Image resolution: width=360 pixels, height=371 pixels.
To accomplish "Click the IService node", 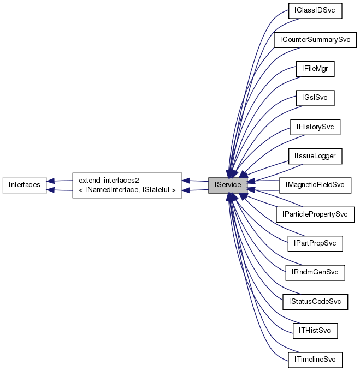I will click(228, 185).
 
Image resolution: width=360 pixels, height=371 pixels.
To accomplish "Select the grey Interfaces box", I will click(24, 185).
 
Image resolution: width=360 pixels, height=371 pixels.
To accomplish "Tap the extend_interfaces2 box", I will click(127, 185).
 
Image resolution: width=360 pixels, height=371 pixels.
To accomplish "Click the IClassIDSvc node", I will click(315, 11).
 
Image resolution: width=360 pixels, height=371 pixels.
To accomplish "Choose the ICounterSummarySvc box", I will click(315, 40).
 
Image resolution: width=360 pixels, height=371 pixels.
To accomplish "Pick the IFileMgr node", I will click(315, 69).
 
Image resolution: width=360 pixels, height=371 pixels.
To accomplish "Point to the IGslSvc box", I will click(315, 98).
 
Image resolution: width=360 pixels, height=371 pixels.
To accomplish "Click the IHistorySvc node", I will click(315, 127).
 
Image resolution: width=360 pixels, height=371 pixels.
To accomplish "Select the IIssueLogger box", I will click(315, 156).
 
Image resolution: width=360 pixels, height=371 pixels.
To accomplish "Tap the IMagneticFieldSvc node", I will click(315, 185).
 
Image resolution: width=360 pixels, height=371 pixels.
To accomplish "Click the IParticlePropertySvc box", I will click(315, 214).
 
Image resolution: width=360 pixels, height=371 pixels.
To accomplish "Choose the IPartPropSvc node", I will click(315, 243).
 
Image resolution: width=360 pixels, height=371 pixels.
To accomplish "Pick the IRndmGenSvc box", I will click(315, 272).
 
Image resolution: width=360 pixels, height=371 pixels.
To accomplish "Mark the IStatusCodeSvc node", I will click(315, 301).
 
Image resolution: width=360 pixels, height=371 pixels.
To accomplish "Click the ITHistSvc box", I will click(315, 330).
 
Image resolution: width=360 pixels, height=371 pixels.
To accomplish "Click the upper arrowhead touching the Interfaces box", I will click(50, 180).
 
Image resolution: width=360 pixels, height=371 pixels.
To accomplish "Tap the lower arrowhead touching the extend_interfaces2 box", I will click(186, 190).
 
